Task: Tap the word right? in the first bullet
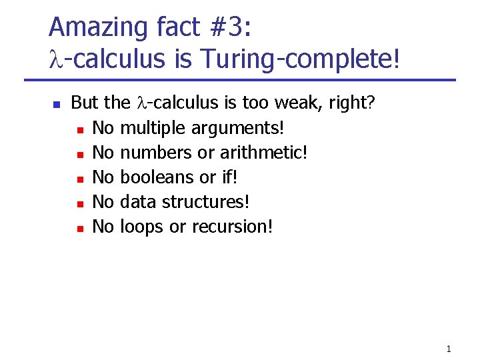pos(355,103)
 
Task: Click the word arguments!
pos(237,128)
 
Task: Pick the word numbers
pos(156,152)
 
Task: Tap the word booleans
pos(155,177)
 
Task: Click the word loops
pos(142,227)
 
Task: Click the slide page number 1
pos(449,348)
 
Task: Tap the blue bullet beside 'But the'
pos(57,105)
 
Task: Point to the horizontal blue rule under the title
pos(240,81)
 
